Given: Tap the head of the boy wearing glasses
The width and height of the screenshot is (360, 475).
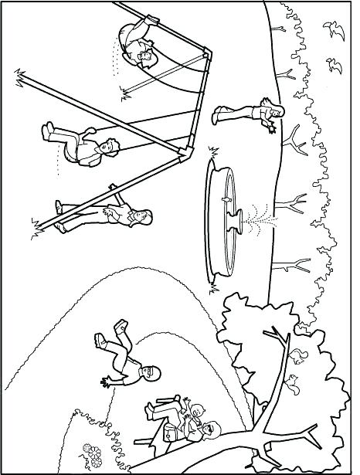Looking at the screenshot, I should click(x=148, y=375).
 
